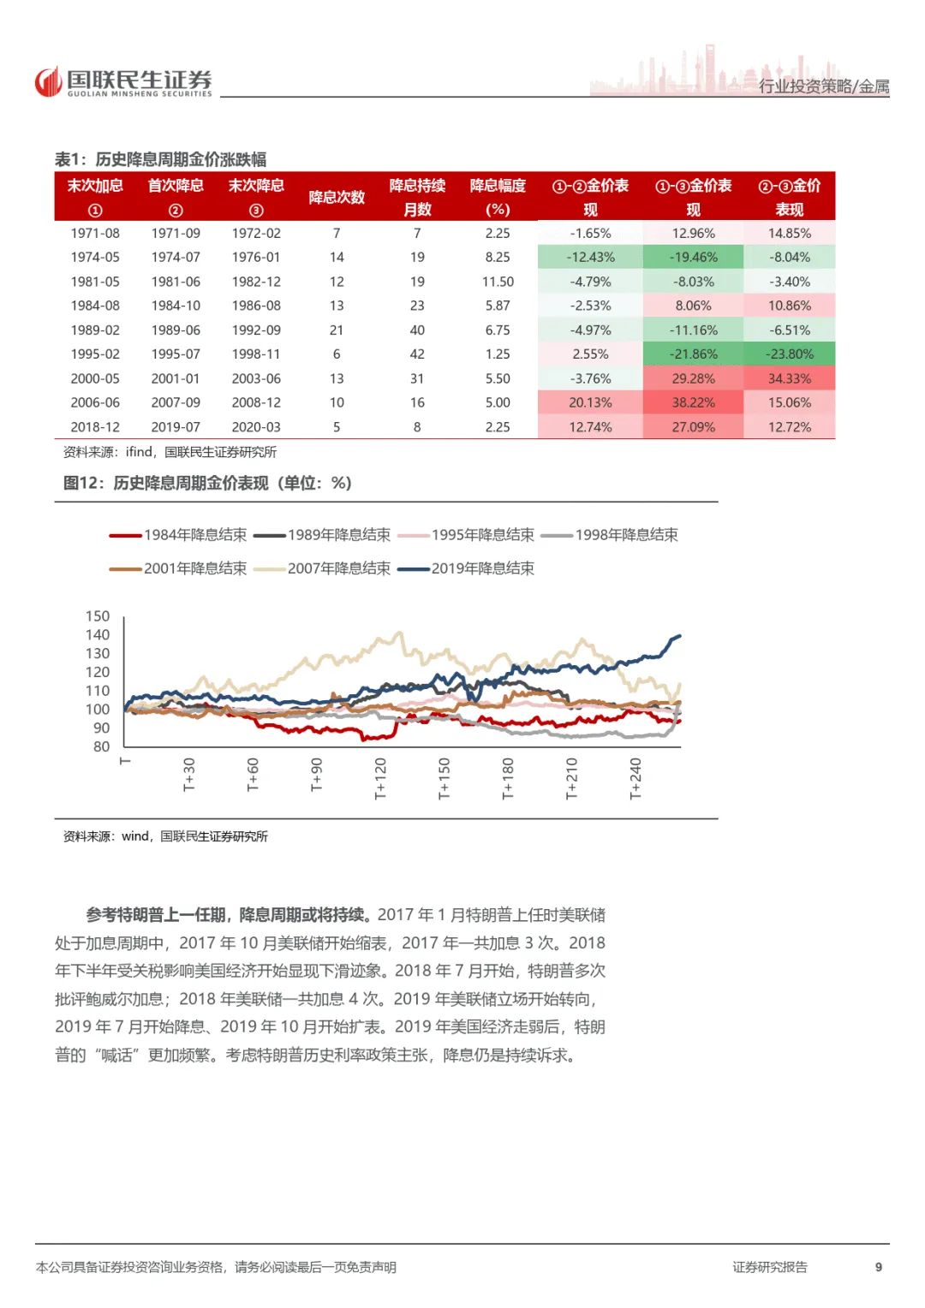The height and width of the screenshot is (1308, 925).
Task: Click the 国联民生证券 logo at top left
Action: [x=123, y=82]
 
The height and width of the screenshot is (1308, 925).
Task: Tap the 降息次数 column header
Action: [x=337, y=198]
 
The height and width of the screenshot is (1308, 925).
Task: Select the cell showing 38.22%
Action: [x=693, y=402]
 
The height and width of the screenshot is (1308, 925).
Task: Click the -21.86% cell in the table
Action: [x=693, y=354]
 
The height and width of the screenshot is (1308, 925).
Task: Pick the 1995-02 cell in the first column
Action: [x=95, y=354]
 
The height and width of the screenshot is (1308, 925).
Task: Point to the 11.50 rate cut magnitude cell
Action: [x=498, y=282]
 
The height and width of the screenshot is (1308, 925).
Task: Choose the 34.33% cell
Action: [x=789, y=378]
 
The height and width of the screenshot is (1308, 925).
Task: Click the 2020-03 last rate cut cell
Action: [x=256, y=427]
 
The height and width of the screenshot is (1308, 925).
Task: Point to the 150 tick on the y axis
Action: [x=98, y=616]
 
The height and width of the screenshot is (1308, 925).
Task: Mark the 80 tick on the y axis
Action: [x=101, y=746]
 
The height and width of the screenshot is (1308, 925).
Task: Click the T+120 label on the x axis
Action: [x=380, y=778]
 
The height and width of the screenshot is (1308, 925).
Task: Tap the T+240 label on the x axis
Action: [x=635, y=778]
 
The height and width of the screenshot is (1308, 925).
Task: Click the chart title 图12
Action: [x=207, y=483]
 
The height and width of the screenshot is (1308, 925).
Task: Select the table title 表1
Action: [x=160, y=159]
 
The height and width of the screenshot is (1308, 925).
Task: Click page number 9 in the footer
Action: [x=878, y=1267]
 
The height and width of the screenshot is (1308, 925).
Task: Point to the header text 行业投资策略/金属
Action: [x=824, y=86]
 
